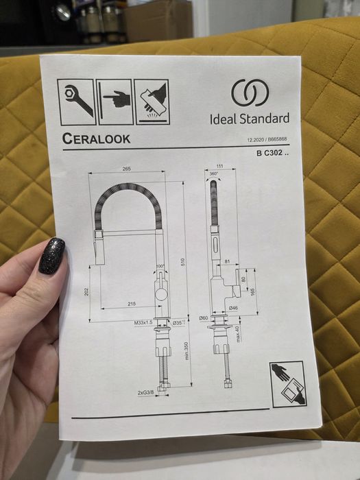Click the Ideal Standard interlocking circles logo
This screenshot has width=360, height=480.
(x=245, y=93)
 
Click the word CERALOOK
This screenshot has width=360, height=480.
(x=96, y=139)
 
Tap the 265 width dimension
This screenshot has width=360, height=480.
(x=127, y=168)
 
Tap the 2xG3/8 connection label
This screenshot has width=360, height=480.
(x=147, y=393)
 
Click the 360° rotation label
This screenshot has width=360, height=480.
(x=215, y=174)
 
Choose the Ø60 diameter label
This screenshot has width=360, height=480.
(x=204, y=318)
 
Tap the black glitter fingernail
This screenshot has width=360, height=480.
(x=51, y=256)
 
